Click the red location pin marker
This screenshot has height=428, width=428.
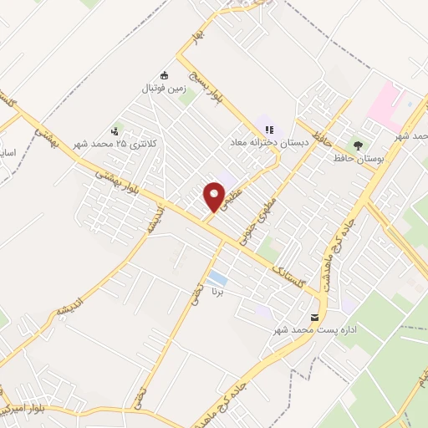pyautogui.click(x=215, y=196)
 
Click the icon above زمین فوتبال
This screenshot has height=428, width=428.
pyautogui.click(x=163, y=73)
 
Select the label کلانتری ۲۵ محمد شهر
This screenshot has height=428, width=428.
pyautogui.click(x=115, y=144)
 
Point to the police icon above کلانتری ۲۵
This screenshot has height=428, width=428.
pyautogui.click(x=115, y=130)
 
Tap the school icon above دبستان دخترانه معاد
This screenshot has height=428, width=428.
pyautogui.click(x=269, y=130)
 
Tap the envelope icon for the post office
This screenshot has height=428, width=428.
pyautogui.click(x=314, y=318)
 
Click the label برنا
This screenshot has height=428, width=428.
pyautogui.click(x=217, y=294)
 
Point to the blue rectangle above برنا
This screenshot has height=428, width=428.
pyautogui.click(x=217, y=278)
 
